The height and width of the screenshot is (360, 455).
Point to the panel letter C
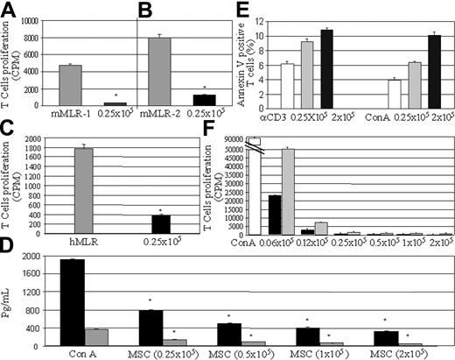coord(10,132)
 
